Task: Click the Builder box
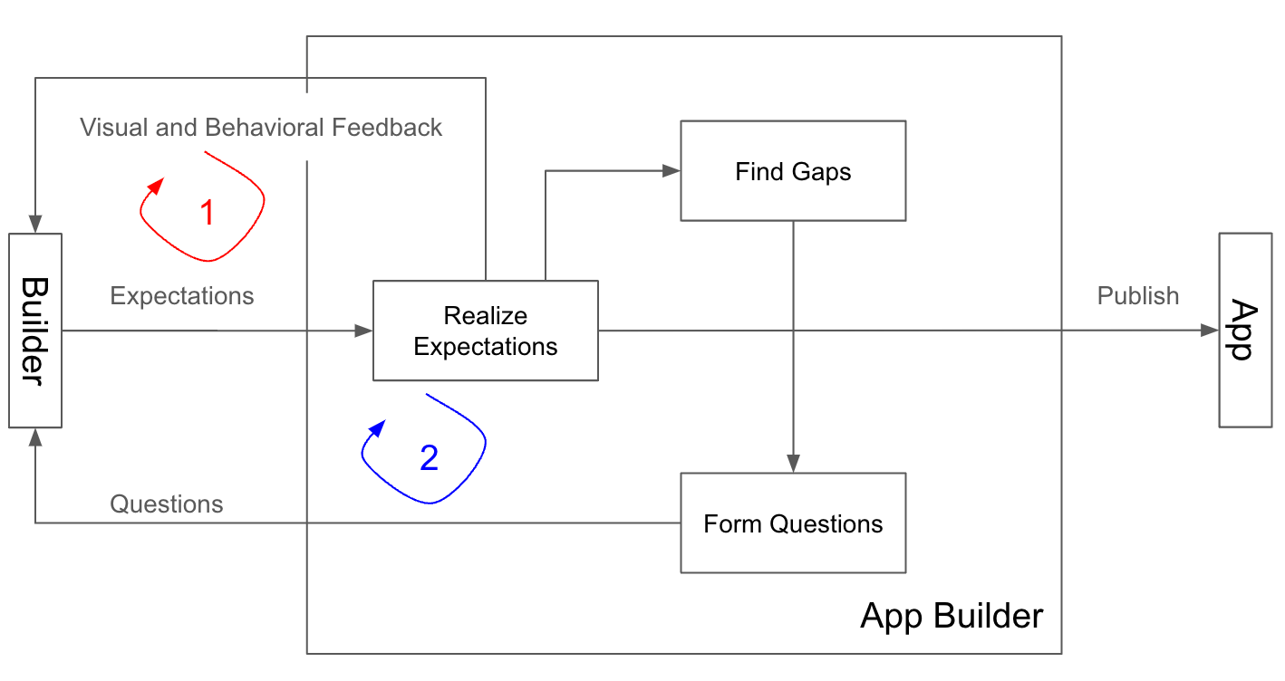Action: [34, 331]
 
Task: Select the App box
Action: [1244, 331]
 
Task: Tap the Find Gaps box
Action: [793, 171]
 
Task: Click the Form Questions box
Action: [793, 523]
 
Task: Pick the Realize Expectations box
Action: [485, 331]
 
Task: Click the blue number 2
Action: [429, 458]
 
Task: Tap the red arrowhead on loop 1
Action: [156, 186]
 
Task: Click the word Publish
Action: [1137, 296]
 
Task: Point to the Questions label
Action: [167, 504]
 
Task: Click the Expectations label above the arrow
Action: [182, 296]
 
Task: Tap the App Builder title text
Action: [952, 617]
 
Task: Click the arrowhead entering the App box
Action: [1210, 331]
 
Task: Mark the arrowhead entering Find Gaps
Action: [671, 170]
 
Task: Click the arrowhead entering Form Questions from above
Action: [793, 464]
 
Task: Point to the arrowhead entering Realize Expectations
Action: [364, 331]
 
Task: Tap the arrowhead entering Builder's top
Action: [35, 225]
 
